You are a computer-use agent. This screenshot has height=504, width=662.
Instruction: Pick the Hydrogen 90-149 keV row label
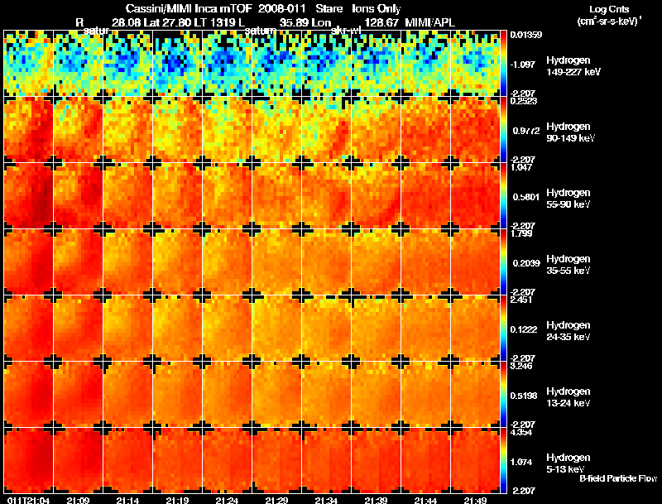tap(568, 132)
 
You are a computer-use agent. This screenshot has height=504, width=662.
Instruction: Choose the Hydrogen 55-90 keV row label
tap(568, 197)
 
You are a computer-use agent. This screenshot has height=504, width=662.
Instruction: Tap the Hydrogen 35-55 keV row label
tap(568, 264)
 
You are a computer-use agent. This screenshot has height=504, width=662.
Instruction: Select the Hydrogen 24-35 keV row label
tap(568, 330)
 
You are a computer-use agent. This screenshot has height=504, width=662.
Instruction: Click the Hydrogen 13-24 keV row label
tap(568, 396)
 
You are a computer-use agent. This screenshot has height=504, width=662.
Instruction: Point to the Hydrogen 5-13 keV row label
tap(568, 463)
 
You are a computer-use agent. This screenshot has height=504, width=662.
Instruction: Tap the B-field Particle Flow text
tap(617, 478)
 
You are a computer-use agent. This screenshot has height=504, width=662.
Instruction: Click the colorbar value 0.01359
tap(527, 35)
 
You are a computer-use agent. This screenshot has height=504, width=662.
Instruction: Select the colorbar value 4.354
tap(525, 432)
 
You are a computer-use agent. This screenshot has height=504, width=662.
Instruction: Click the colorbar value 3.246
tap(525, 365)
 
